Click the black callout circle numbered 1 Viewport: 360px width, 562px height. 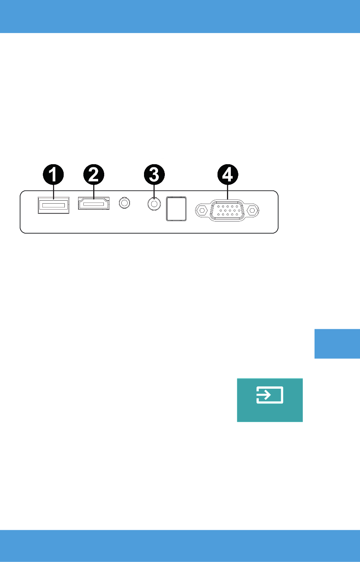(x=53, y=174)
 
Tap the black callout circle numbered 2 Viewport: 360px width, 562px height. (x=94, y=174)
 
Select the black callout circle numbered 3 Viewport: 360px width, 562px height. (x=154, y=174)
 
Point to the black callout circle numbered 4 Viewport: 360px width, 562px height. (x=228, y=174)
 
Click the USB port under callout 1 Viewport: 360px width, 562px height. (x=53, y=205)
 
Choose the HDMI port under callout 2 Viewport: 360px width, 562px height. (x=94, y=203)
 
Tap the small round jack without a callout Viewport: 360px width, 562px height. (x=124, y=203)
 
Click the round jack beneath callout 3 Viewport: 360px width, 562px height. (x=154, y=204)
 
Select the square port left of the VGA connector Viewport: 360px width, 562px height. (x=176, y=209)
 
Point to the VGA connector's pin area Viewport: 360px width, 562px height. (x=227, y=210)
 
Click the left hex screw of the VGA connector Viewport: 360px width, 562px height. (x=202, y=210)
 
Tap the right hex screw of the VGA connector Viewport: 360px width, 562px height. (x=252, y=210)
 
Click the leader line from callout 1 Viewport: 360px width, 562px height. (x=53, y=192)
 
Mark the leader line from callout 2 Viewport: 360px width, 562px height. (x=94, y=192)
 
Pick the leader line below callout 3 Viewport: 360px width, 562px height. (x=154, y=191)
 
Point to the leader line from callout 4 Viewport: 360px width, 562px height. (x=228, y=192)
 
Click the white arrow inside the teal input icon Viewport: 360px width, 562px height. (x=264, y=395)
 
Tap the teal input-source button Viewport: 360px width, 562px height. (x=270, y=400)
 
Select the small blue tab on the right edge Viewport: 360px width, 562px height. (x=337, y=344)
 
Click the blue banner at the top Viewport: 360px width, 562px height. (x=180, y=16)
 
